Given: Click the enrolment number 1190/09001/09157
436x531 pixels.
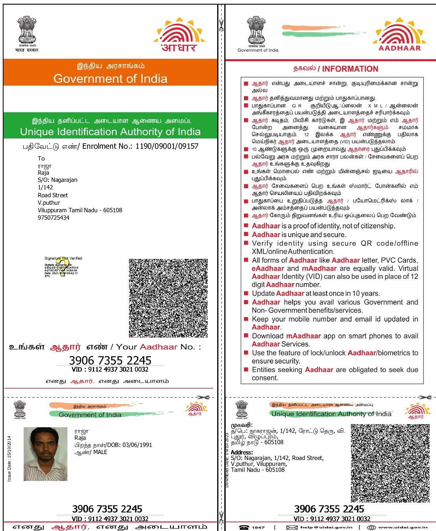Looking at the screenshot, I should coord(167,146).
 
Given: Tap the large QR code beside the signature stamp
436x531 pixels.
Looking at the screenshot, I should coord(168,298).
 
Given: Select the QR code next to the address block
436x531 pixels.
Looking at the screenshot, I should coord(390,463).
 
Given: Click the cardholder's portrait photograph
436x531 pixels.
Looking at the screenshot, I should coord(45,454).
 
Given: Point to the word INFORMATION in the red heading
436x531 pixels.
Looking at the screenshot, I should coord(350,69).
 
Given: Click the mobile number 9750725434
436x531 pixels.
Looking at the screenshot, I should coord(54,218).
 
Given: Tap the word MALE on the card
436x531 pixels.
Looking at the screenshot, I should coord(100,452).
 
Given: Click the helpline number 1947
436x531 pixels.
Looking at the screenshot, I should coord(258,527).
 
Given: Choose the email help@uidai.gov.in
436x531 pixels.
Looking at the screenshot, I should coord(326,527).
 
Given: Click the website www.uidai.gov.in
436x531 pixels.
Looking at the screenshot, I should coord(402,527).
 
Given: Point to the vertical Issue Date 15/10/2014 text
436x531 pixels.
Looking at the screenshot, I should coord(9,458).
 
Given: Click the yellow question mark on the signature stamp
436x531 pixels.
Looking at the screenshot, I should coord(61,267).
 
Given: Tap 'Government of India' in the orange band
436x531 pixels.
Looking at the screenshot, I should coord(110,79).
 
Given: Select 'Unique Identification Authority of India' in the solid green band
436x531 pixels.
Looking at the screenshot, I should coord(110,132).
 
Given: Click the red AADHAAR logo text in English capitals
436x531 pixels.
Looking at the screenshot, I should coord(399,48).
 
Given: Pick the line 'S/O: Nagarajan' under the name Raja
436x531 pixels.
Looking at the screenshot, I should coord(58,180).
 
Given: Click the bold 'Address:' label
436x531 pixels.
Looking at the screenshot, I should coord(242,452).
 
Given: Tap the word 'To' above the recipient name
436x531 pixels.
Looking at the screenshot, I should coord(41,159).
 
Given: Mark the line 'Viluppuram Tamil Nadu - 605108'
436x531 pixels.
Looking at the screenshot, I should coord(80,210).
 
